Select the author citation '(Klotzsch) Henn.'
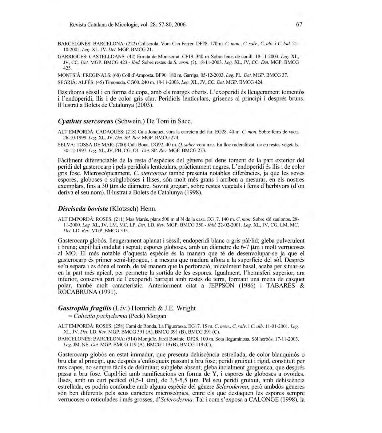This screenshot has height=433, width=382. [x=133, y=209]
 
